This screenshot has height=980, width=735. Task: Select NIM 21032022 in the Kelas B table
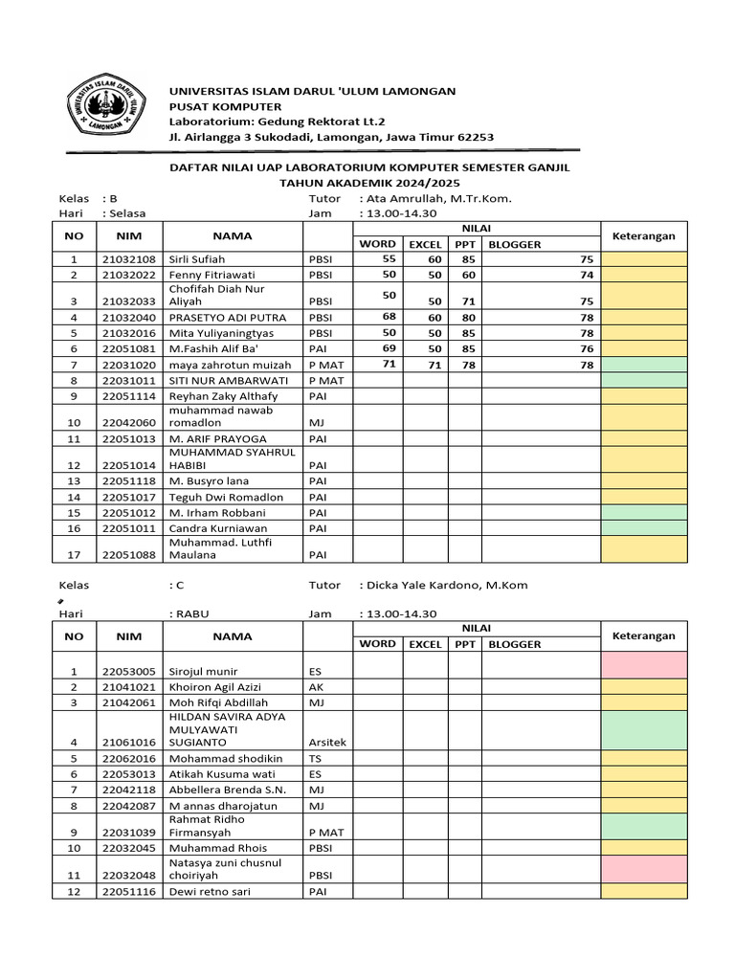[128, 275]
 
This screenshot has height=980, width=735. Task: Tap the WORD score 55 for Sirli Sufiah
[388, 258]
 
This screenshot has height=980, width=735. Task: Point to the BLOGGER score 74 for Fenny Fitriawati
[586, 275]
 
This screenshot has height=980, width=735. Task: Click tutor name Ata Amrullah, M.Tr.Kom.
[435, 199]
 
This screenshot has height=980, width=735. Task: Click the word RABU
[189, 614]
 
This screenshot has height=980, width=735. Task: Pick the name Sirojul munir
[204, 672]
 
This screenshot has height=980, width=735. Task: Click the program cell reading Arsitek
[326, 742]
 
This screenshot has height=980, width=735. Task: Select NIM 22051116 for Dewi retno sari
[128, 891]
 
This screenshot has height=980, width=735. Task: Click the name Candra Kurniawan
[217, 527]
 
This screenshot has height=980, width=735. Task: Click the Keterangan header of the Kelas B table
[643, 236]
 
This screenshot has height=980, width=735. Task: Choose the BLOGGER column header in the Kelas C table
[515, 644]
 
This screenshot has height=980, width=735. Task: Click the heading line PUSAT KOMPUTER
[225, 106]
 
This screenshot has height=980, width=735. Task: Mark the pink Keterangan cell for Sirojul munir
[643, 665]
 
